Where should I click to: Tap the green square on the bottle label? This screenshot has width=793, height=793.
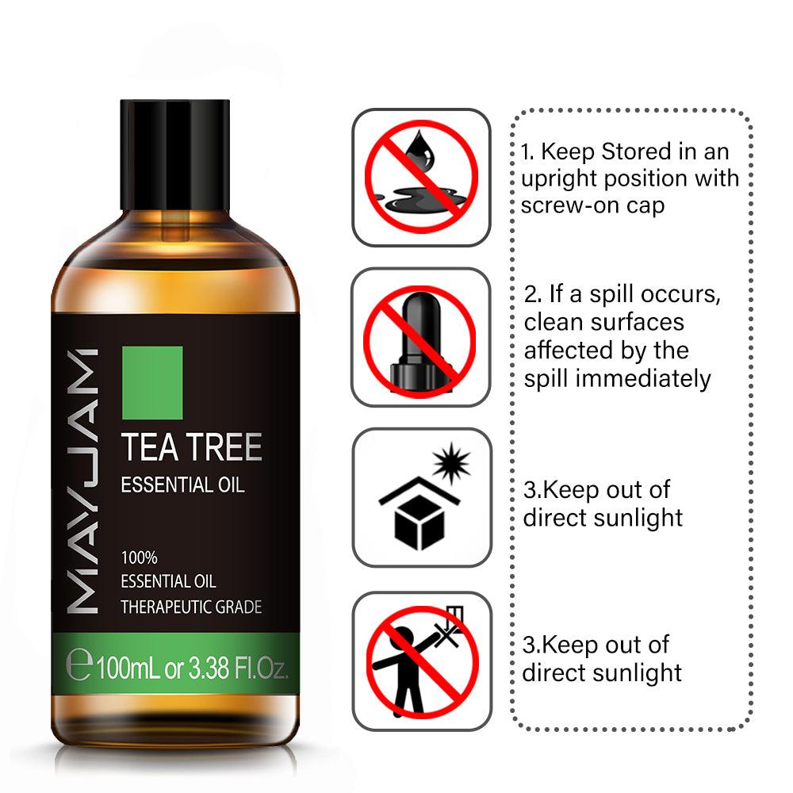(x=152, y=382)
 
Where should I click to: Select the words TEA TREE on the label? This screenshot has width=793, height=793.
(x=191, y=448)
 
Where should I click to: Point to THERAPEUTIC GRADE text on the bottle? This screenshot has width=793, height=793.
(x=191, y=607)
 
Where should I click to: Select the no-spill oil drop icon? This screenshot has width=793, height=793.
(x=421, y=176)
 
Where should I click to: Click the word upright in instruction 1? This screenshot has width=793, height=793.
(x=560, y=179)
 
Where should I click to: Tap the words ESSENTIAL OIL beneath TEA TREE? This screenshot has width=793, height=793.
(x=182, y=485)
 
